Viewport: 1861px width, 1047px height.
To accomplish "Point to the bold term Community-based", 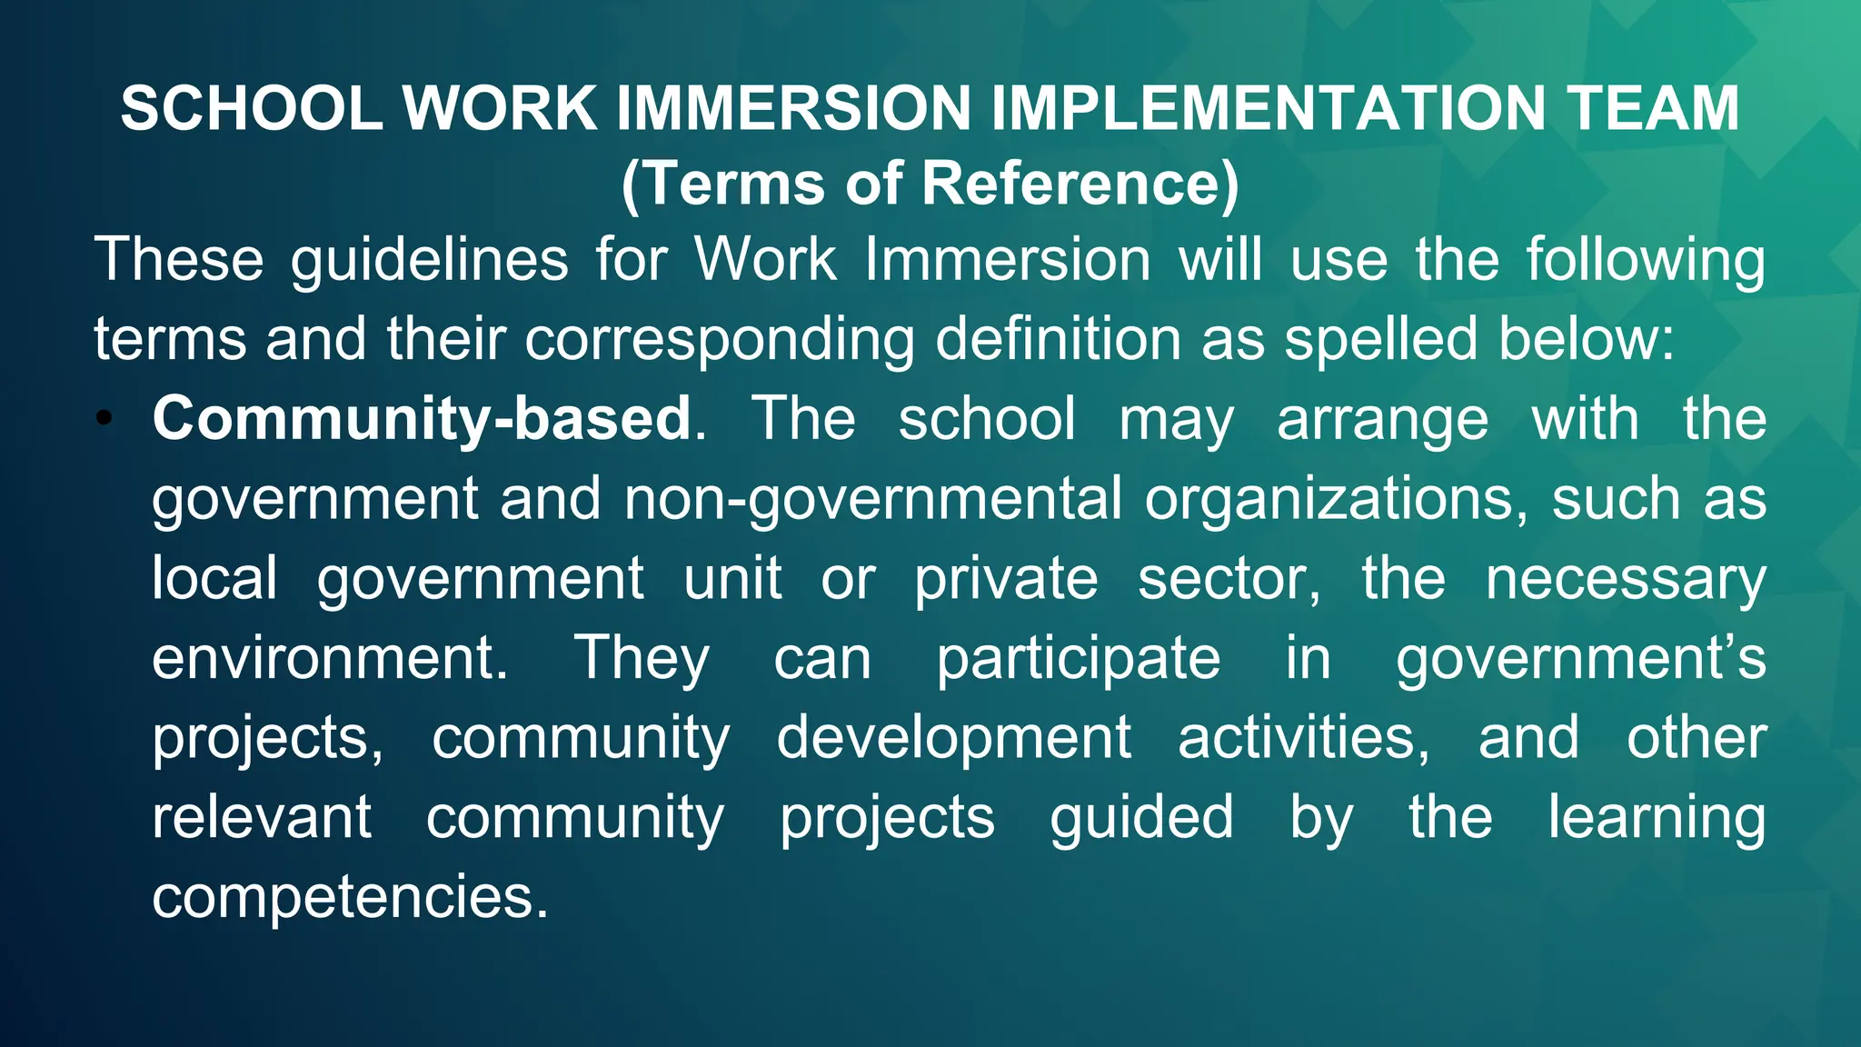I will [422, 419].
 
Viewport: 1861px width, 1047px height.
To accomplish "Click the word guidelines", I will [429, 260].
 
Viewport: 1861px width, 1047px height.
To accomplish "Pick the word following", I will [1645, 260].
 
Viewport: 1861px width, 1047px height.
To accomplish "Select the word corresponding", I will [719, 340].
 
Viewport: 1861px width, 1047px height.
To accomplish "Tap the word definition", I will [1058, 339].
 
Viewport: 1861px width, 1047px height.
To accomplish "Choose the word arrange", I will [1382, 421].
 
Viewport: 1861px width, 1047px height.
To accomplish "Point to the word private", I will [1006, 579].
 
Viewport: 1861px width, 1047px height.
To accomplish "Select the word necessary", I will [1626, 579].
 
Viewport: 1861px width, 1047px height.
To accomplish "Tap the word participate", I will [1079, 659].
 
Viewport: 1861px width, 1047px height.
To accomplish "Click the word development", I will [953, 738].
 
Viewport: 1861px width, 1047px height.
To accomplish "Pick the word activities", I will [1303, 738].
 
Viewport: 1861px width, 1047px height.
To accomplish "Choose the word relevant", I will [262, 817].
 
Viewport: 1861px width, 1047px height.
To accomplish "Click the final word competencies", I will [350, 897].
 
